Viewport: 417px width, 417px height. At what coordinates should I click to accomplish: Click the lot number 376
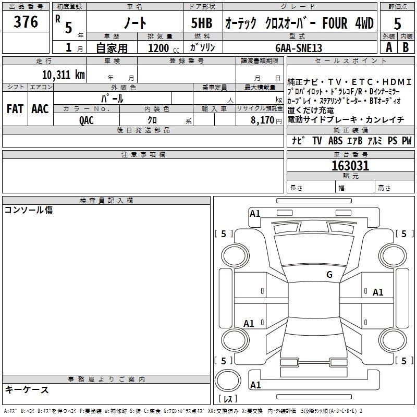(x=26, y=22)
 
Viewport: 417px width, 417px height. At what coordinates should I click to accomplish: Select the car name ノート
(x=134, y=23)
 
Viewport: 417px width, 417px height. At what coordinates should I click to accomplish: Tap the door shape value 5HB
(x=202, y=23)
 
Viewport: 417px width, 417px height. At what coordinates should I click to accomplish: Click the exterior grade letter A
(x=388, y=47)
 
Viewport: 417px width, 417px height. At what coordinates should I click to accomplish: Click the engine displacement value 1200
(x=158, y=48)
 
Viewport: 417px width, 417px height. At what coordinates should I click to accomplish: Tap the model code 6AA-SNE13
(x=299, y=48)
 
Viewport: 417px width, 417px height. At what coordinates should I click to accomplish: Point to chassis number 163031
(x=350, y=166)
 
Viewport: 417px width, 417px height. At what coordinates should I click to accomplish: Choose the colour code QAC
(x=87, y=120)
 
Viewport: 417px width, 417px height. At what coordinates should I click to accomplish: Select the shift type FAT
(x=15, y=108)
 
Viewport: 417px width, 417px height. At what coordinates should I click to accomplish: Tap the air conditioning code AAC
(x=40, y=108)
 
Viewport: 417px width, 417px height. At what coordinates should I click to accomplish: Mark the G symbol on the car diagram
(x=329, y=275)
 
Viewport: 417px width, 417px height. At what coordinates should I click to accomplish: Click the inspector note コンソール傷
(x=29, y=210)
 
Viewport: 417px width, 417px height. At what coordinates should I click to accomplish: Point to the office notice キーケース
(x=27, y=389)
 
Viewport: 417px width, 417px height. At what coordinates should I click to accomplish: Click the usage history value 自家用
(x=112, y=48)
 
